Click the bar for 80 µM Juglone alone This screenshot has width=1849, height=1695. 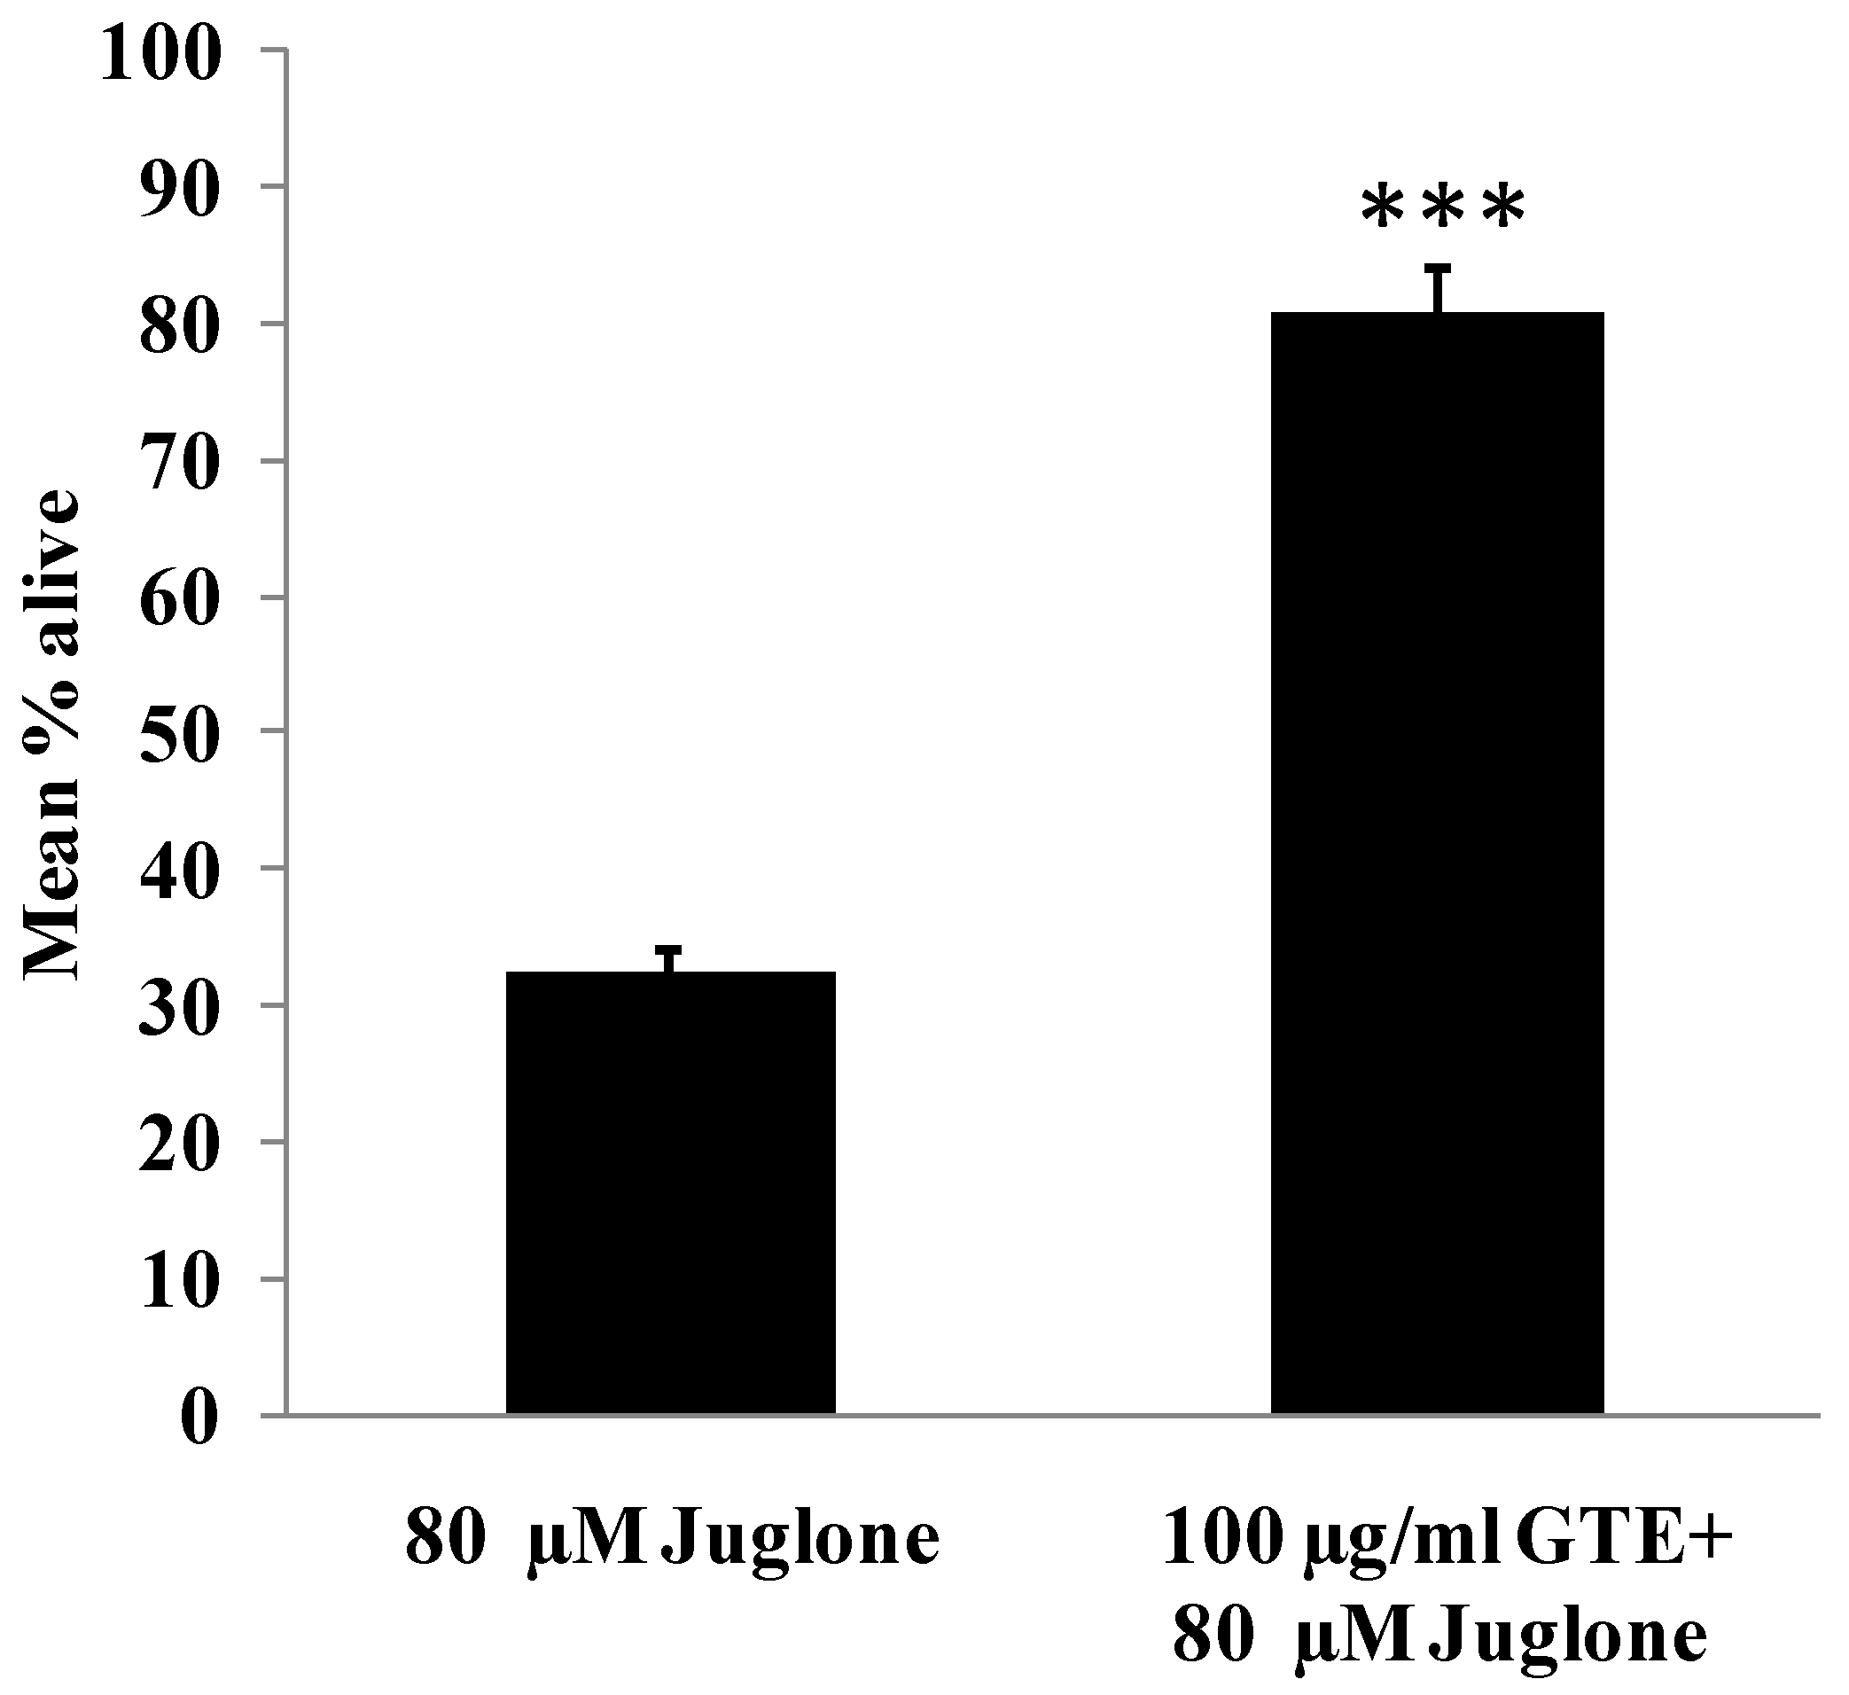pyautogui.click(x=670, y=1192)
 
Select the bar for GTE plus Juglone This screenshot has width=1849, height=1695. pyautogui.click(x=1436, y=863)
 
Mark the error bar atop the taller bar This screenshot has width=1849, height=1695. pyautogui.click(x=1440, y=288)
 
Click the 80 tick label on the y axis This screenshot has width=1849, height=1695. pyautogui.click(x=181, y=327)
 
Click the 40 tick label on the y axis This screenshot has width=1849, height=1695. pyautogui.click(x=181, y=872)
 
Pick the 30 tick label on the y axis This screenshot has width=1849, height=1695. pyautogui.click(x=181, y=1008)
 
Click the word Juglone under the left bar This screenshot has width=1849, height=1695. pyautogui.click(x=801, y=1542)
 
